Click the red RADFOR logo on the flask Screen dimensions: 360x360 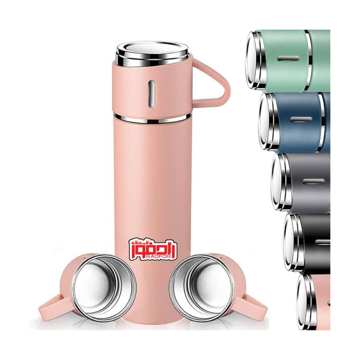(x=153, y=250)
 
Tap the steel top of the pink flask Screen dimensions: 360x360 (x=153, y=53)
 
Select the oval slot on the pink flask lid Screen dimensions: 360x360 (x=152, y=94)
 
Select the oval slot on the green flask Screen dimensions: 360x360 (x=288, y=58)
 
